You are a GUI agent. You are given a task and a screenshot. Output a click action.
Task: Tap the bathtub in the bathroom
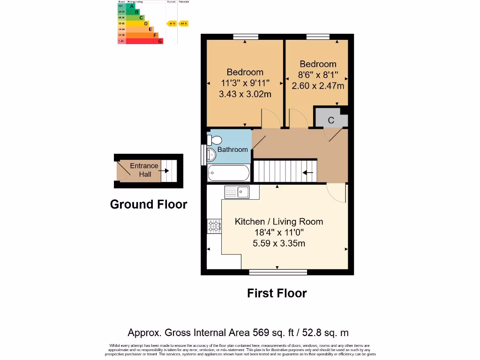[228, 173]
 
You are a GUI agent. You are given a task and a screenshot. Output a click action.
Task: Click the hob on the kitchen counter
[214, 226]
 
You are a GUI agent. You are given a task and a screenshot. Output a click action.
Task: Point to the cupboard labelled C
[330, 120]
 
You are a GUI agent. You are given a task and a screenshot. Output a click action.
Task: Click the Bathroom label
[232, 150]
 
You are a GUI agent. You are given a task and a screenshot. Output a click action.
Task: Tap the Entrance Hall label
[144, 170]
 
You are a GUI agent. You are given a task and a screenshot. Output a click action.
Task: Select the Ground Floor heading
[148, 204]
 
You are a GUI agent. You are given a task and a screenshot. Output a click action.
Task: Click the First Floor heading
[277, 293]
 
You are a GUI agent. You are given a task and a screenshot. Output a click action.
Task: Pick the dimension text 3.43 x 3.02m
[245, 94]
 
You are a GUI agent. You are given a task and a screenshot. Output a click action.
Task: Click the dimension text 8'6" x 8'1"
[318, 75]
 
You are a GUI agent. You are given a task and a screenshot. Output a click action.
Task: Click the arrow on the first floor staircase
[308, 172]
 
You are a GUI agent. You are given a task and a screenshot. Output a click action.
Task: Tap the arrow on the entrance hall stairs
[164, 171]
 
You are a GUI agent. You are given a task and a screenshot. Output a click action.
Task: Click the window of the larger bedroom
[246, 36]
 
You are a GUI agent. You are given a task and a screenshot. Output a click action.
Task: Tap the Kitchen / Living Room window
[278, 272]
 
